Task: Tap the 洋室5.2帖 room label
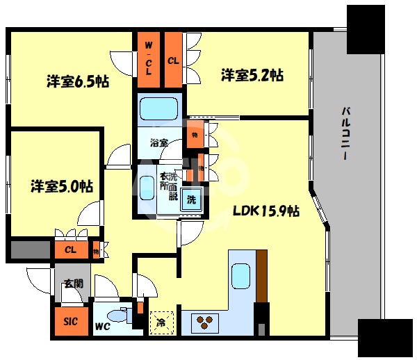tap(252, 74)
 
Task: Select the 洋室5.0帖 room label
tap(61, 186)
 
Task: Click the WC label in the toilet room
tap(102, 325)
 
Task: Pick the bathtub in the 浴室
tap(159, 110)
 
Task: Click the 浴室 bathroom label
tap(159, 142)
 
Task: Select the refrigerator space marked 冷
tap(161, 322)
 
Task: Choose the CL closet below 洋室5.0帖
tap(70, 249)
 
